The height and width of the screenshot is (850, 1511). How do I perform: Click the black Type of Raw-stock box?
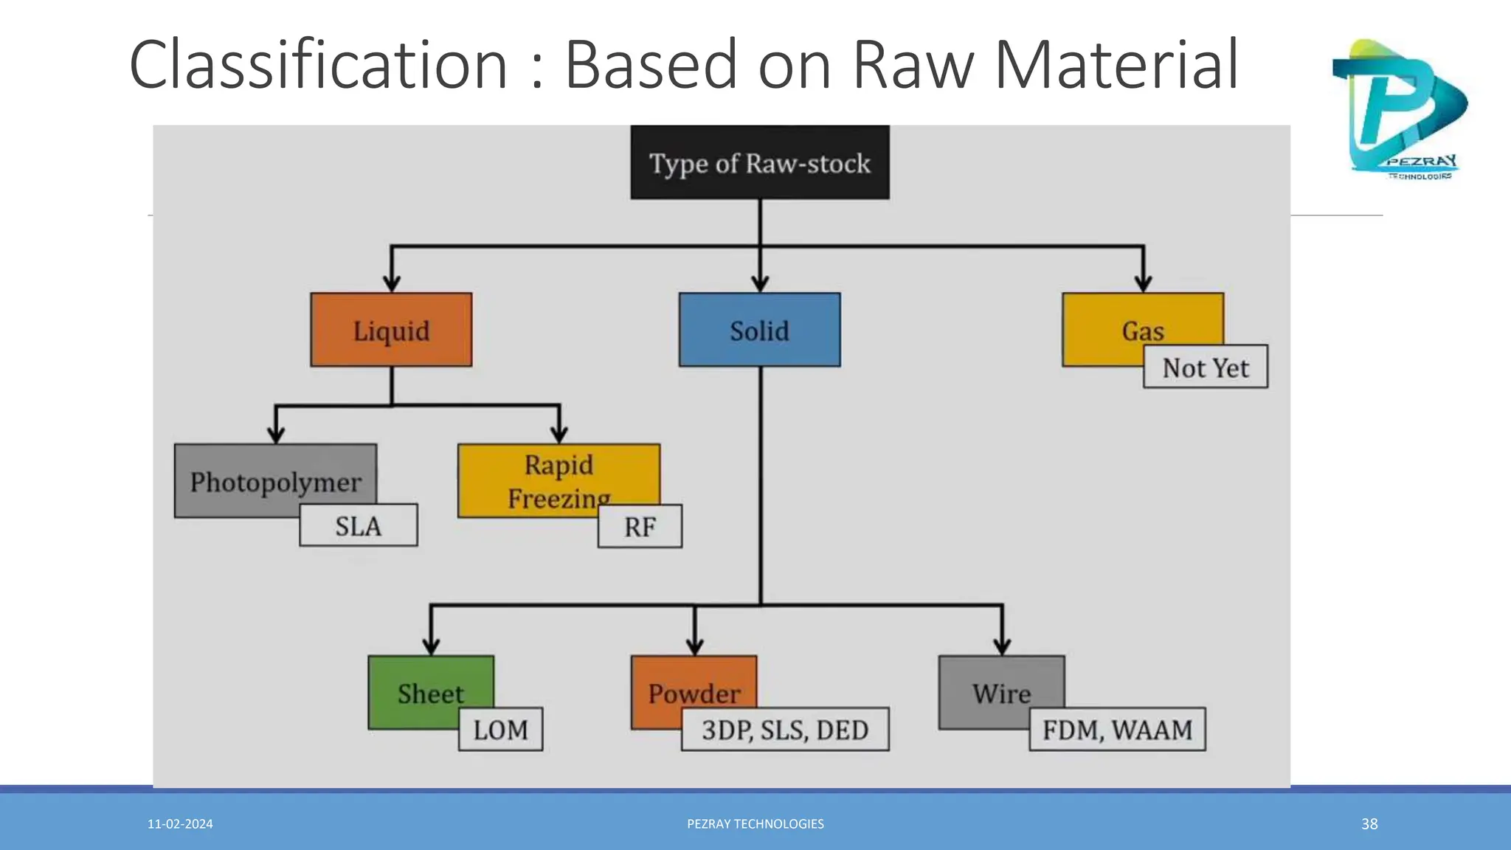(759, 162)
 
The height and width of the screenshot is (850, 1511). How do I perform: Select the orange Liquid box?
(391, 330)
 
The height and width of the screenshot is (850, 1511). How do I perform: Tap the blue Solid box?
(759, 330)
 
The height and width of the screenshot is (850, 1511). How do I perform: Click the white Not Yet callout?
(1205, 367)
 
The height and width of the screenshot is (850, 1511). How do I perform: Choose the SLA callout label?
(358, 525)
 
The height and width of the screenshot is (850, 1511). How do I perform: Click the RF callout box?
(640, 526)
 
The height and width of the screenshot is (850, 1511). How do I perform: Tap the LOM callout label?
(500, 729)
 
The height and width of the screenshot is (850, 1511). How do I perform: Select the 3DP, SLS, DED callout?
(785, 729)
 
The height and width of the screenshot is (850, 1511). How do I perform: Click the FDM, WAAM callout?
(1117, 729)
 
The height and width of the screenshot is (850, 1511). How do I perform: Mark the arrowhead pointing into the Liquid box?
(392, 283)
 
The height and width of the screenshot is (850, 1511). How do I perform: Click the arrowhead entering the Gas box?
(1143, 283)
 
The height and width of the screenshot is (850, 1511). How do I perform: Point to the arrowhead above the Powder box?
(694, 646)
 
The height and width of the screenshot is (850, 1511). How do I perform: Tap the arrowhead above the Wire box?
(1002, 646)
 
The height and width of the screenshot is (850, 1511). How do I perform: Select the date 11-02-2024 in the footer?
(180, 824)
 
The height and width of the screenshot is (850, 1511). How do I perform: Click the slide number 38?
(1369, 824)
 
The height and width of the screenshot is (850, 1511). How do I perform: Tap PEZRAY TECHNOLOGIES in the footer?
(755, 824)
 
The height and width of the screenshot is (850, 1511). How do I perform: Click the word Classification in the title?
(318, 65)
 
